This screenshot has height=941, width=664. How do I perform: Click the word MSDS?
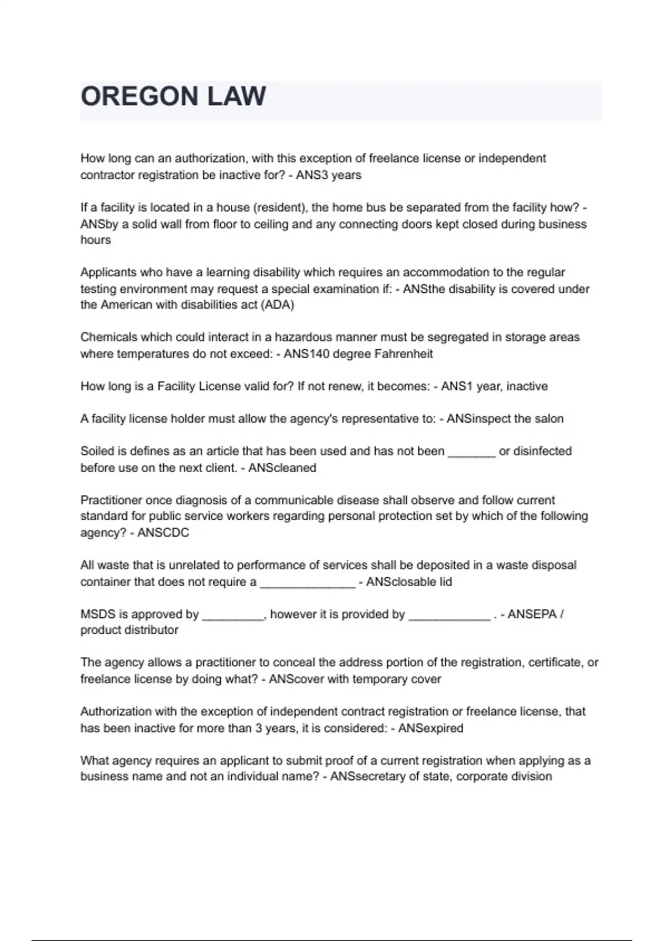pos(97,614)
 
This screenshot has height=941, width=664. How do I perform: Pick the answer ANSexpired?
pos(430,728)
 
